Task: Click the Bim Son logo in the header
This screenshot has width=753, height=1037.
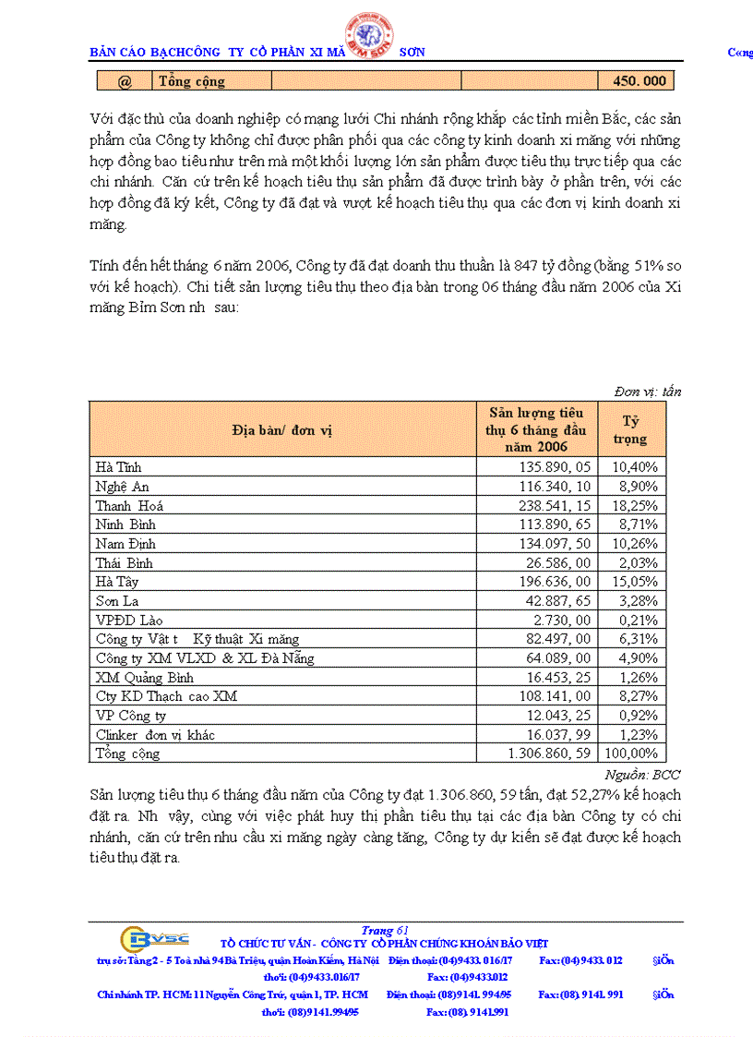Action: (x=370, y=37)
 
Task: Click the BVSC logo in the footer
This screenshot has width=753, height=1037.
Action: (x=155, y=939)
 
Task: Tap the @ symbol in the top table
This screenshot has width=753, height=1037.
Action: (x=125, y=81)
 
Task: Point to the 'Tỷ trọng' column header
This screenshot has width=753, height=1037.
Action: (x=630, y=430)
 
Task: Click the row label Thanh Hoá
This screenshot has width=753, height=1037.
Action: (x=129, y=506)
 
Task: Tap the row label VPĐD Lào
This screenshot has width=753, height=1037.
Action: (x=129, y=621)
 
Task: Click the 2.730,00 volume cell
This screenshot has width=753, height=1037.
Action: (x=562, y=621)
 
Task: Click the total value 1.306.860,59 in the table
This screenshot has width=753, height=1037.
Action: (x=549, y=754)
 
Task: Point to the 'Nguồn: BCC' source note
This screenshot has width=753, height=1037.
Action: (x=642, y=774)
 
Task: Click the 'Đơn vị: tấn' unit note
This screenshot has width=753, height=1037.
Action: (x=647, y=392)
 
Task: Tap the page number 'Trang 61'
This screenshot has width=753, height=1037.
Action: (x=386, y=930)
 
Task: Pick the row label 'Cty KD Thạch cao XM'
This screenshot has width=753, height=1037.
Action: (x=166, y=697)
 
